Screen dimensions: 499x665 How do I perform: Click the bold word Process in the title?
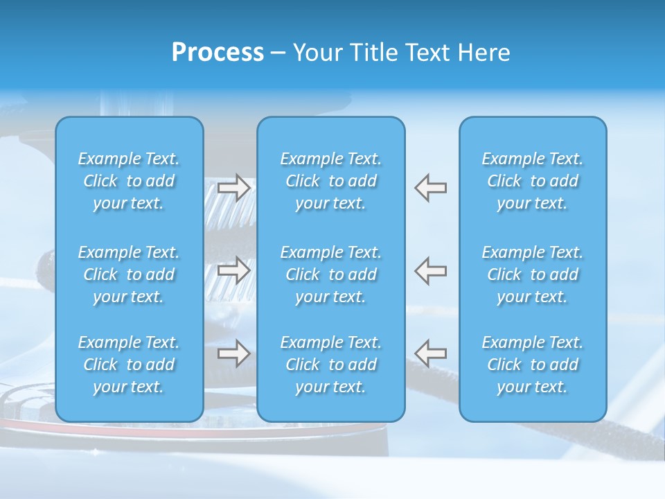tap(218, 53)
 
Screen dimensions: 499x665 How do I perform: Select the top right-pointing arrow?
tap(234, 188)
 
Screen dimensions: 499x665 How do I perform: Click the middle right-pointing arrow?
tap(234, 270)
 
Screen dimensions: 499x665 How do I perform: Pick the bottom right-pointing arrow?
tap(234, 353)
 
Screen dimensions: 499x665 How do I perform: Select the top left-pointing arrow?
tap(431, 188)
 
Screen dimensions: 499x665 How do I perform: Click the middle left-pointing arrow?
tap(431, 270)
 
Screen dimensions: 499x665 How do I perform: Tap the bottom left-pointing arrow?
tap(431, 353)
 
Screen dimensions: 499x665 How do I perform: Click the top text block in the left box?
tap(129, 181)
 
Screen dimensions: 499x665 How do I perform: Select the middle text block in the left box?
tap(129, 274)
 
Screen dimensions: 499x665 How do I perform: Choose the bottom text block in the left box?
tap(129, 365)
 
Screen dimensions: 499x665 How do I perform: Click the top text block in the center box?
tap(331, 181)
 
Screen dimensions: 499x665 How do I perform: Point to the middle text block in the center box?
tap(331, 274)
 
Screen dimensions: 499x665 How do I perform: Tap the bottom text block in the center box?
tap(331, 365)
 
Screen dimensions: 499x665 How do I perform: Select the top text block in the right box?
tap(533, 181)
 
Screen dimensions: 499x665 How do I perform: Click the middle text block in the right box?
tap(533, 274)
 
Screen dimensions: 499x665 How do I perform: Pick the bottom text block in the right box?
tap(533, 365)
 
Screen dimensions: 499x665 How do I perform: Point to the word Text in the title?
tap(425, 53)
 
